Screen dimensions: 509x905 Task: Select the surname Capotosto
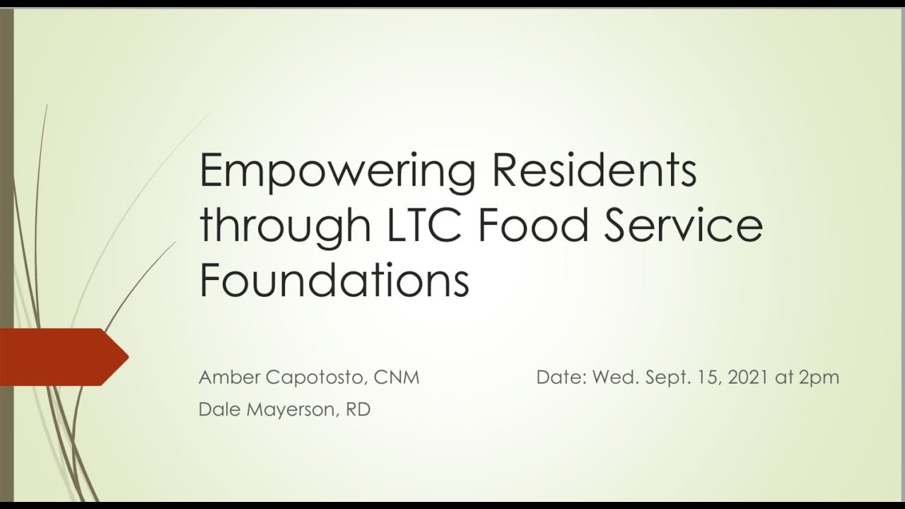pos(316,378)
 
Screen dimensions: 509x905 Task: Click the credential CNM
pos(397,378)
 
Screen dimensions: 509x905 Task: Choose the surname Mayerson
pos(291,410)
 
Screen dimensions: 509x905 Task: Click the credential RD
pos(358,409)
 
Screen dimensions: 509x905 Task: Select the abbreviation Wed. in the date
pos(615,378)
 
